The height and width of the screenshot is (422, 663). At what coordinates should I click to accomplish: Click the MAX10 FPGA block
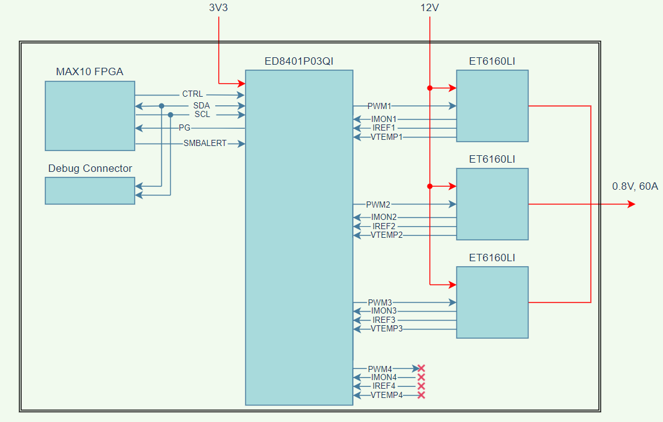(x=89, y=115)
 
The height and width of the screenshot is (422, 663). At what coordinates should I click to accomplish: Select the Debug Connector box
(x=89, y=190)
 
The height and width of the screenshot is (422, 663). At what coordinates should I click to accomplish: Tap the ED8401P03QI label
(x=299, y=61)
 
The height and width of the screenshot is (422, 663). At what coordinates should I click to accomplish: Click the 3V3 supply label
(x=219, y=8)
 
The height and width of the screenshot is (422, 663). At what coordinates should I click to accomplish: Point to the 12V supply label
(x=429, y=8)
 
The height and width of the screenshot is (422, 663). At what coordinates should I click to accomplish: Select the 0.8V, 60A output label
(x=635, y=186)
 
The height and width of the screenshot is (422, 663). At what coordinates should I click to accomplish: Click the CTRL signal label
(x=192, y=94)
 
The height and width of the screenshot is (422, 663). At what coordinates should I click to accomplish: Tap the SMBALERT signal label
(x=205, y=144)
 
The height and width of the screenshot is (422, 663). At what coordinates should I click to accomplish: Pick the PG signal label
(x=184, y=128)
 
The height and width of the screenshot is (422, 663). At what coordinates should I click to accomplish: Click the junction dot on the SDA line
(x=162, y=106)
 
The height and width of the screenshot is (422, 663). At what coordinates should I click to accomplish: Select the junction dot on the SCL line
(x=170, y=115)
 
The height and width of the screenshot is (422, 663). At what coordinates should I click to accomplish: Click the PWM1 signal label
(x=379, y=106)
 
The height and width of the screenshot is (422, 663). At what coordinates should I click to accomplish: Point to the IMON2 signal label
(x=384, y=217)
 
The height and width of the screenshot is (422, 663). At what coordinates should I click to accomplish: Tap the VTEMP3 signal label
(x=387, y=329)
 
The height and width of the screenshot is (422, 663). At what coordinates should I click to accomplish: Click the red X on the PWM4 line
(x=421, y=368)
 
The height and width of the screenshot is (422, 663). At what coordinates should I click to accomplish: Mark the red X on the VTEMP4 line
(x=421, y=395)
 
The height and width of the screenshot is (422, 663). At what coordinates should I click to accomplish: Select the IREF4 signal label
(x=384, y=386)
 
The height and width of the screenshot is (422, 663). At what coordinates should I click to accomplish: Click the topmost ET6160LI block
(x=492, y=105)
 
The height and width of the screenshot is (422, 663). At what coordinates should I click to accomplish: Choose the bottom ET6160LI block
(x=492, y=302)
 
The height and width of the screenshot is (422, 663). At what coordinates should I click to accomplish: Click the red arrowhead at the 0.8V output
(x=631, y=204)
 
